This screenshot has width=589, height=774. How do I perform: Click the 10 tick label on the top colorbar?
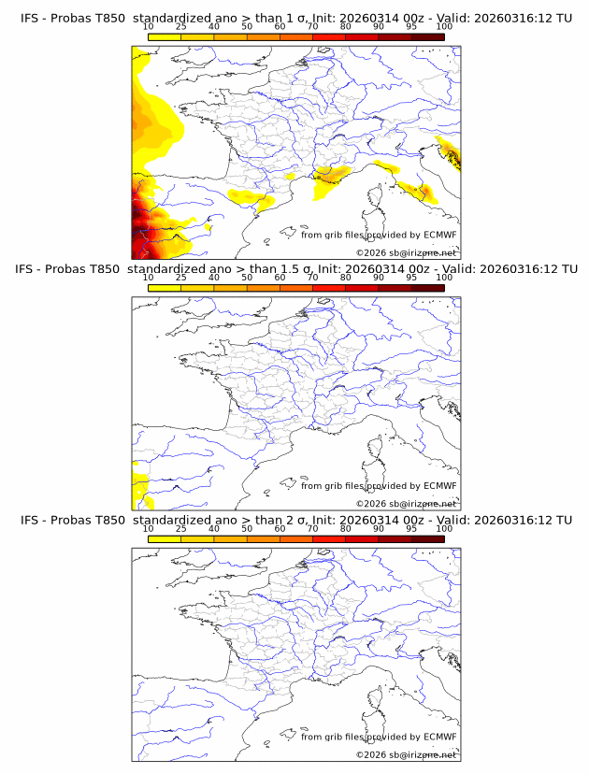pyautogui.click(x=148, y=27)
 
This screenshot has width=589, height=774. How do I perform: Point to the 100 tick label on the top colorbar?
pyautogui.click(x=444, y=27)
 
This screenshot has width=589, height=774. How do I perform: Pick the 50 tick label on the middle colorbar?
pyautogui.click(x=247, y=278)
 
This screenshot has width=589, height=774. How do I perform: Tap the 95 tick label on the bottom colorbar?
pyautogui.click(x=411, y=528)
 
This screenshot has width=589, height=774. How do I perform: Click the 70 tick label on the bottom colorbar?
pyautogui.click(x=312, y=528)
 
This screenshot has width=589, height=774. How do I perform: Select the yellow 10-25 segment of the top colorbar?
pyautogui.click(x=165, y=36)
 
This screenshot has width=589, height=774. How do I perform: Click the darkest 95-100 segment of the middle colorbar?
pyautogui.click(x=427, y=287)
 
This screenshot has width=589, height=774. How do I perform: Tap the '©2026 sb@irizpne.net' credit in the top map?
pyautogui.click(x=406, y=252)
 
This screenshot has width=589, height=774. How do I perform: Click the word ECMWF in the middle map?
pyautogui.click(x=438, y=485)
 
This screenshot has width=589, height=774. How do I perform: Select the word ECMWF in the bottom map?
pyautogui.click(x=438, y=736)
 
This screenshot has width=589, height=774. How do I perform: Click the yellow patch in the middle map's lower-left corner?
pyautogui.click(x=139, y=487)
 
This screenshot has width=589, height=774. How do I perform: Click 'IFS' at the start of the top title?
pyautogui.click(x=31, y=19)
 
